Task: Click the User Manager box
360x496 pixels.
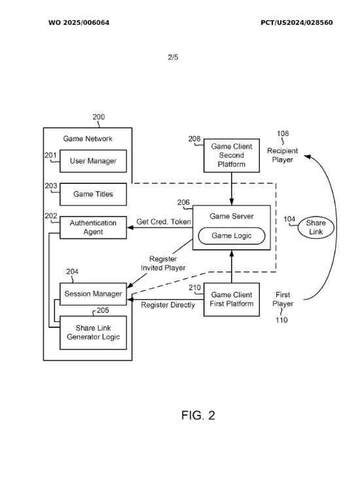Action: coord(94,161)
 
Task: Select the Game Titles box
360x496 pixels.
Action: coord(94,194)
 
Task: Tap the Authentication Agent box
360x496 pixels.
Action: coord(94,228)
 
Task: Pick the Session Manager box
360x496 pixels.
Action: coord(94,294)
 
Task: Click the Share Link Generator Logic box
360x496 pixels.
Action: coord(94,333)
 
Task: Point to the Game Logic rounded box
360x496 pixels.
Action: coord(232,236)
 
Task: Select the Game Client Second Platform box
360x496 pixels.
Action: coord(232,156)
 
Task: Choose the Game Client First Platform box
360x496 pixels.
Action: coord(232,300)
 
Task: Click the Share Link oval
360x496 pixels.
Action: coord(315,228)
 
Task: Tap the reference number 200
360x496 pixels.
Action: coord(99,117)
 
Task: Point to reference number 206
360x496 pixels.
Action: coord(183,202)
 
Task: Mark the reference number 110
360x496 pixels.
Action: coord(281,320)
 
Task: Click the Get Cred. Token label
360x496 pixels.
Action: coord(164,222)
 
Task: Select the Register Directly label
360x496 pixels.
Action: coord(168,305)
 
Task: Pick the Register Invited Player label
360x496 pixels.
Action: coord(163,263)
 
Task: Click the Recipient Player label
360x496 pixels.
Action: coord(283,155)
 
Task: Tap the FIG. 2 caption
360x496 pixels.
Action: coord(198,416)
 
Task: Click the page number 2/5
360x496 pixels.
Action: coord(173,57)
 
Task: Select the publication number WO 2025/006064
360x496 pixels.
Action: coord(79,23)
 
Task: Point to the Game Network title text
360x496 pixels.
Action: coord(88,139)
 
